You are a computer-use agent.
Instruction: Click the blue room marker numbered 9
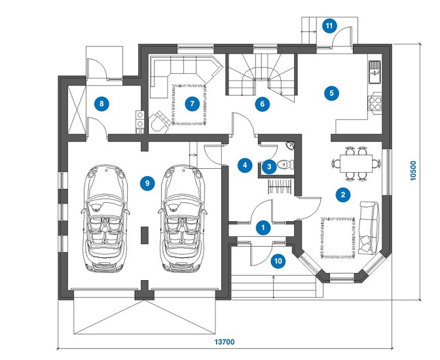coord(147,183)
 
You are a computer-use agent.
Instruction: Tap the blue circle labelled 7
coord(192,104)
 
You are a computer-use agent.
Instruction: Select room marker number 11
coord(329,26)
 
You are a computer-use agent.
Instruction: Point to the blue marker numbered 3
coord(269,167)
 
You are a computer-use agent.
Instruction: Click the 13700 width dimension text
coord(225,342)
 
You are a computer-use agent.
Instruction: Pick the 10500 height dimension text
coord(413,171)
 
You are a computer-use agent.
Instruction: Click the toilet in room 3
coord(285,164)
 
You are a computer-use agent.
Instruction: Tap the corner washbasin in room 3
coord(291,146)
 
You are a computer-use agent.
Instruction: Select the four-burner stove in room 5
coord(375,103)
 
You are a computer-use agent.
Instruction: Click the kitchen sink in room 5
coord(375,72)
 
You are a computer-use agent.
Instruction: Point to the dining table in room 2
coord(356,163)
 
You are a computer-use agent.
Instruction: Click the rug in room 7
coord(189,104)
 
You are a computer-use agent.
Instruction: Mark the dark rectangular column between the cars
coord(144,235)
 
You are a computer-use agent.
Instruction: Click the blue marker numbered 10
coord(278,261)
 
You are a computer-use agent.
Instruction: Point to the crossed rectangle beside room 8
coord(77,109)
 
